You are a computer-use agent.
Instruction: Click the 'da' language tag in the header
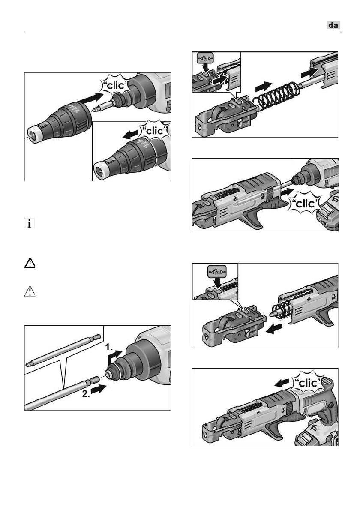click(x=333, y=25)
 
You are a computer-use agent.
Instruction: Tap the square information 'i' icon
click(x=29, y=223)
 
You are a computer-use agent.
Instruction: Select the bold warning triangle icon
click(x=30, y=263)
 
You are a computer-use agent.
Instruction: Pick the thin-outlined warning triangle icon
click(x=30, y=291)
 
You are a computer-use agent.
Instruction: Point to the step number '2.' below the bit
click(x=86, y=394)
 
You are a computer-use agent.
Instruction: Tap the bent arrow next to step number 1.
click(x=115, y=357)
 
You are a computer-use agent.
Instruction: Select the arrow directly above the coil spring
click(x=264, y=86)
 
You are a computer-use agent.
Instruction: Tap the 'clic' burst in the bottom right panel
click(x=307, y=383)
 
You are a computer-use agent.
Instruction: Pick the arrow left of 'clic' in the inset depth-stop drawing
click(x=132, y=134)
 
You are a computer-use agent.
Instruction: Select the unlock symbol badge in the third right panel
click(x=216, y=271)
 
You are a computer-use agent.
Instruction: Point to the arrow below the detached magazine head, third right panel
click(x=274, y=329)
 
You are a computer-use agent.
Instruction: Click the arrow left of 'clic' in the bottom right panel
click(x=282, y=383)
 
